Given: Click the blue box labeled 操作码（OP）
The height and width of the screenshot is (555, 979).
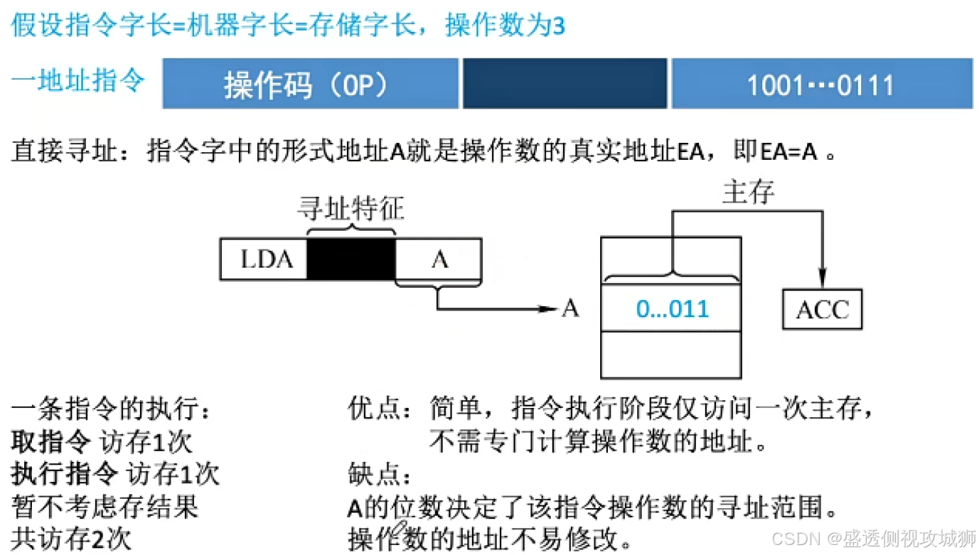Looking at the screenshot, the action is [x=310, y=84].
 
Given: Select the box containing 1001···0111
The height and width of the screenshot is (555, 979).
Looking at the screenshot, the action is [x=821, y=84].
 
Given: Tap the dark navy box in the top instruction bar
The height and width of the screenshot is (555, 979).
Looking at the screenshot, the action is [x=565, y=84].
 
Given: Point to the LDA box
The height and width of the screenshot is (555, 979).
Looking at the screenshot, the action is [x=264, y=259].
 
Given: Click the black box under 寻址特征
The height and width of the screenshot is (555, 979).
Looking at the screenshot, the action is [x=351, y=259].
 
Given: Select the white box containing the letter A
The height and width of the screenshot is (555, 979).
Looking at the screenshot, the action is [x=439, y=259].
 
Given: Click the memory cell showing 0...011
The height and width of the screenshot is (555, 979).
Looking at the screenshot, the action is [x=672, y=309].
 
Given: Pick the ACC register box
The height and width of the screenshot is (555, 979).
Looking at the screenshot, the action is [x=822, y=310].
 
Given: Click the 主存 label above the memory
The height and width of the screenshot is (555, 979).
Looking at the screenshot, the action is [x=747, y=192].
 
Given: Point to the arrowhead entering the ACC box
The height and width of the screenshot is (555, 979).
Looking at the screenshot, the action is [x=822, y=280].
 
